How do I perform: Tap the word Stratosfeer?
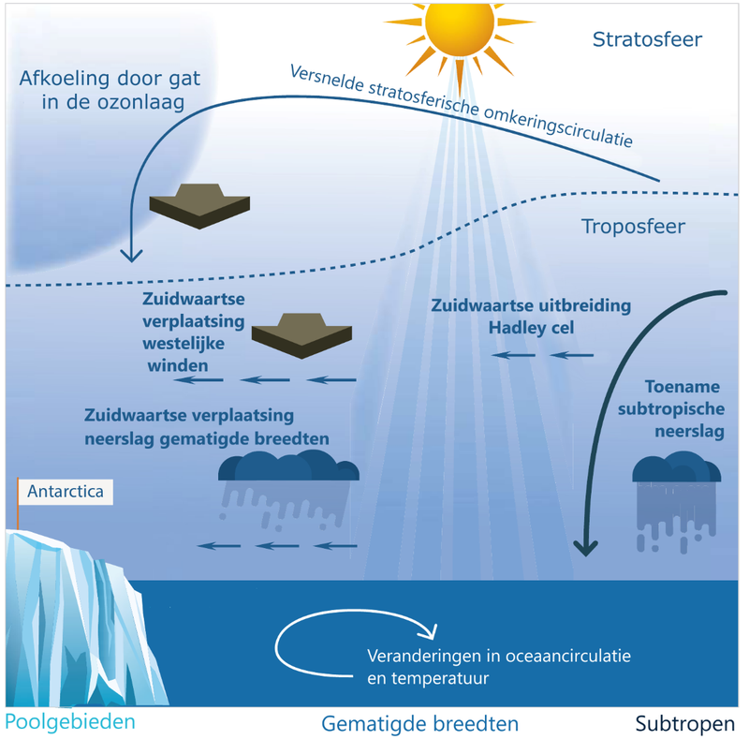click(647, 39)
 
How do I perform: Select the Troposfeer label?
click(633, 227)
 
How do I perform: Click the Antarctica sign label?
click(66, 491)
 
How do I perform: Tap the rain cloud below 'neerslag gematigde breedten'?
click(287, 466)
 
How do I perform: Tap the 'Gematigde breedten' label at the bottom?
click(419, 724)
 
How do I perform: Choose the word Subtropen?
click(685, 724)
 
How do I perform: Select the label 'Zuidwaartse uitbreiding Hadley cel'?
click(531, 317)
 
